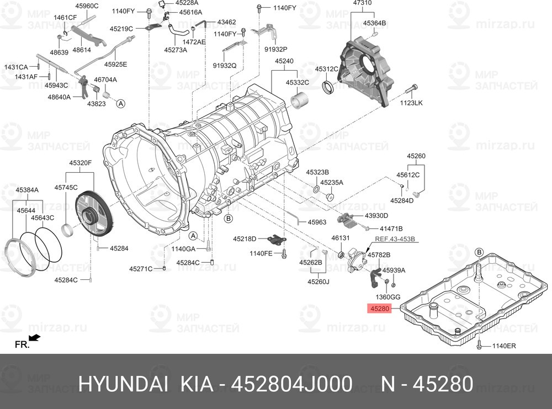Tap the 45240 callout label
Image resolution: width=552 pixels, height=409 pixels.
click(x=284, y=61)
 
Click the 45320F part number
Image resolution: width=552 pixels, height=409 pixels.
click(x=80, y=163)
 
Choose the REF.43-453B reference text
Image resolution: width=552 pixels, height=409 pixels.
click(x=394, y=239)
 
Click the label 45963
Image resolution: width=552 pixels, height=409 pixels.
click(x=317, y=222)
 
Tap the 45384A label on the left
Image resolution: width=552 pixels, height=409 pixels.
click(x=26, y=190)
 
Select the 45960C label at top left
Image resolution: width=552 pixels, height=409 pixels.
click(x=87, y=6)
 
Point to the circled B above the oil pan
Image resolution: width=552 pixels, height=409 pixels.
click(x=479, y=253)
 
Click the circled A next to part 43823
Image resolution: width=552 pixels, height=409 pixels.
click(x=121, y=103)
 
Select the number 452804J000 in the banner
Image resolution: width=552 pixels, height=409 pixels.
click(x=294, y=384)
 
